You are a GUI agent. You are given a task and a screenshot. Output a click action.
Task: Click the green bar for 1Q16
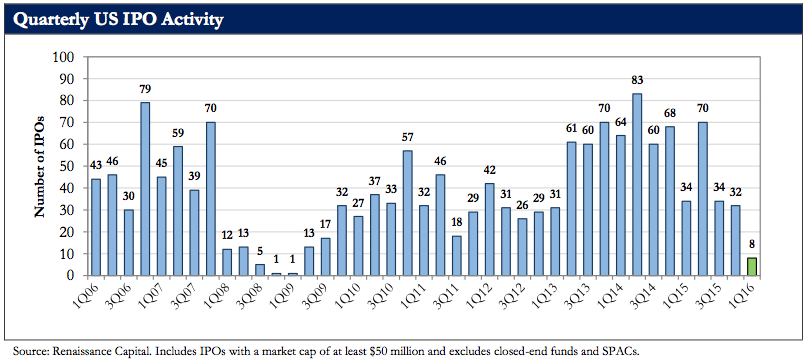click(x=751, y=266)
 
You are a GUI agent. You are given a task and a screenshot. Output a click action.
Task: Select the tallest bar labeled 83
click(x=638, y=184)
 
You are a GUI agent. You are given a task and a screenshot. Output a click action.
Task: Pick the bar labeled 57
click(x=407, y=213)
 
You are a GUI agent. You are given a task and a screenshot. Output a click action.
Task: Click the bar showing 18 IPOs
click(x=457, y=255)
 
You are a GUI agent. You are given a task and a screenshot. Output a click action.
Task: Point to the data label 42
click(x=489, y=171)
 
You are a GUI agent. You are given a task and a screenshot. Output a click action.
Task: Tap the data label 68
click(x=670, y=114)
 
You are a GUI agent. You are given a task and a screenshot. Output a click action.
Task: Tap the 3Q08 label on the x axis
click(x=253, y=293)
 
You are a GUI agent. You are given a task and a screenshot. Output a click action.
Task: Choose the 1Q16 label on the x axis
click(x=745, y=293)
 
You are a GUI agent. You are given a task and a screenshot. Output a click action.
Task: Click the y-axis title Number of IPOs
click(x=39, y=166)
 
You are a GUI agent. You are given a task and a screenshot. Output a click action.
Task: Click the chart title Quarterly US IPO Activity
click(x=118, y=20)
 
